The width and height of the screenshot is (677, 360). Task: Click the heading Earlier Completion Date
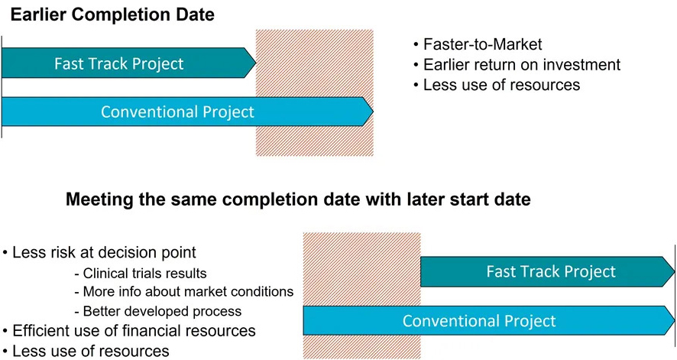tap(112, 15)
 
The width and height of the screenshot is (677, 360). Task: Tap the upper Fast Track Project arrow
tap(128, 63)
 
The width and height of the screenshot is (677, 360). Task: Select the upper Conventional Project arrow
tap(187, 112)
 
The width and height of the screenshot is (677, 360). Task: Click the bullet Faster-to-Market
tap(482, 44)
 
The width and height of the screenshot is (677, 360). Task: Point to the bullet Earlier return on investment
tap(522, 65)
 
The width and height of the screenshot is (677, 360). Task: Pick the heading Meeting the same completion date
tap(298, 199)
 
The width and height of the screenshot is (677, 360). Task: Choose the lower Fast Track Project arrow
tap(547, 271)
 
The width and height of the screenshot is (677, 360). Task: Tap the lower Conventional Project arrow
tap(489, 321)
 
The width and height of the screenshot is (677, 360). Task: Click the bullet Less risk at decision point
tap(104, 252)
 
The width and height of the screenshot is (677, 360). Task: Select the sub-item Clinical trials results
tap(144, 273)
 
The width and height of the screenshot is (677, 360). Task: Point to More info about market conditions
tap(188, 292)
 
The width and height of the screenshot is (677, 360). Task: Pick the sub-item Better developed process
tap(162, 311)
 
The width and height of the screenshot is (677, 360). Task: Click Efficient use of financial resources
tap(134, 331)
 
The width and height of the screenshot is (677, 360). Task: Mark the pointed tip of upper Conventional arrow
tap(373, 112)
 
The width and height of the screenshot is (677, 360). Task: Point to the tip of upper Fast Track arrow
tap(256, 63)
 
